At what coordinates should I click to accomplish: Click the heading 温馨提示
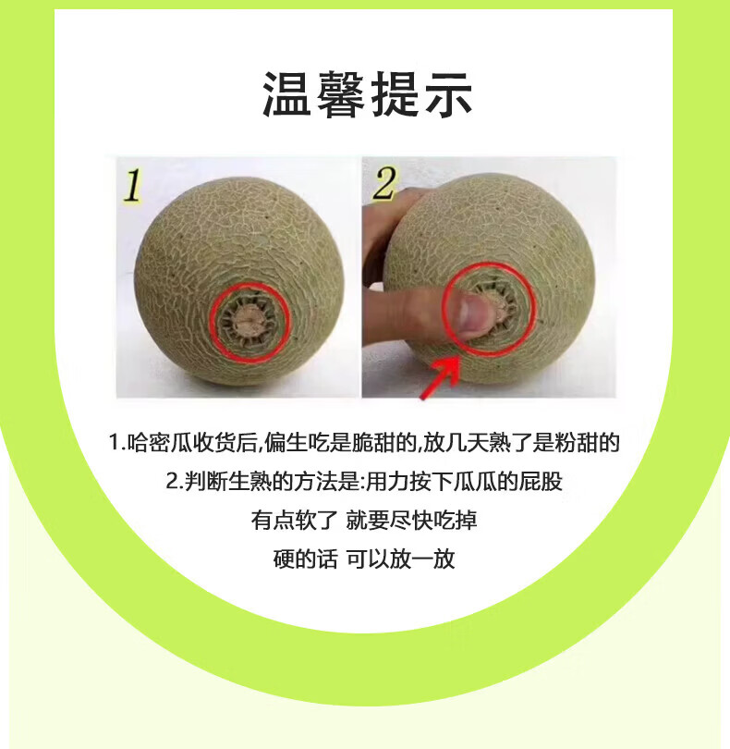pyautogui.click(x=368, y=94)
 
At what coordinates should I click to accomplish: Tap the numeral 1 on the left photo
pyautogui.click(x=133, y=185)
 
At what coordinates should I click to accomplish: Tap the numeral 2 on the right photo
pyautogui.click(x=384, y=183)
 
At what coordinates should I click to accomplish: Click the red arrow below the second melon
pyautogui.click(x=440, y=378)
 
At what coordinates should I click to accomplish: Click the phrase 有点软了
pyautogui.click(x=295, y=521)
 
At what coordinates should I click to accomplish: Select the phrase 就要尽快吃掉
pyautogui.click(x=411, y=521)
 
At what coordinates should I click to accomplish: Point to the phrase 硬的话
pyautogui.click(x=306, y=559)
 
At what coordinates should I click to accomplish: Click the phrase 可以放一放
pyautogui.click(x=400, y=559)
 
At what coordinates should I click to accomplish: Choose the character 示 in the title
pyautogui.click(x=449, y=94)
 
